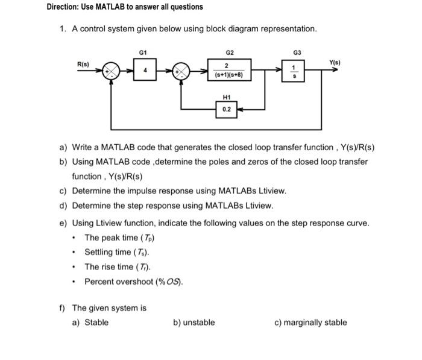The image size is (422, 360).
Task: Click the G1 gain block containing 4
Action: tap(144, 70)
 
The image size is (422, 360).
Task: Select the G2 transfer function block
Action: tap(226, 71)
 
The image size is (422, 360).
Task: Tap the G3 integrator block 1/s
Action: tap(294, 71)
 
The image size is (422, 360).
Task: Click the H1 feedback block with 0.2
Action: tap(226, 109)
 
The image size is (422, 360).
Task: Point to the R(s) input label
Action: tap(83, 64)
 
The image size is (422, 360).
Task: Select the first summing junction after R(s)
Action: tap(110, 71)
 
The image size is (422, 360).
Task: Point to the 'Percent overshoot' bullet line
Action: tap(133, 282)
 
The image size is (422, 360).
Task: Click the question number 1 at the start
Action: tap(63, 29)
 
